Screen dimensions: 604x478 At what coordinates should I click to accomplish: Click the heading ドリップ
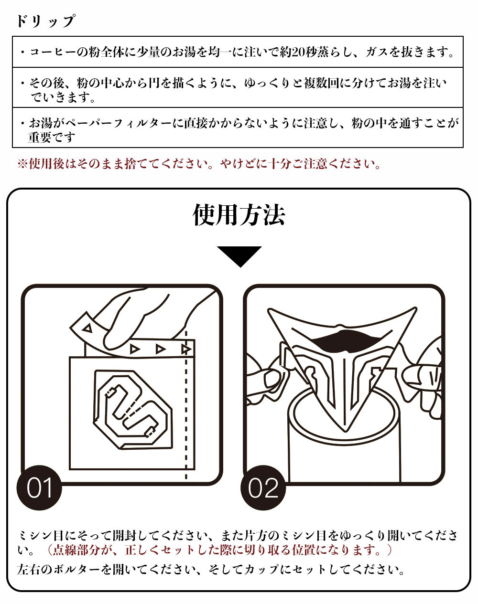pyautogui.click(x=45, y=21)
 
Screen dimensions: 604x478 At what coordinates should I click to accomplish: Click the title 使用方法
pyautogui.click(x=239, y=215)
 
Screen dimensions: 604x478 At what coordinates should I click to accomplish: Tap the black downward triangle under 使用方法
pyautogui.click(x=239, y=255)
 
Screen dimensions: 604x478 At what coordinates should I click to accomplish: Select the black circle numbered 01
pyautogui.click(x=40, y=487)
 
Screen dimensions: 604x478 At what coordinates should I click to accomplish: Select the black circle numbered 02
pyautogui.click(x=263, y=487)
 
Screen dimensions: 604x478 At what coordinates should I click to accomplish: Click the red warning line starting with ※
pyautogui.click(x=199, y=164)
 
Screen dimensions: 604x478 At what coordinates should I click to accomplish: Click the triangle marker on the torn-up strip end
pyautogui.click(x=87, y=328)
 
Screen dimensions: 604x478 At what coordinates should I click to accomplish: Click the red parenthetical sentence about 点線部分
pyautogui.click(x=220, y=550)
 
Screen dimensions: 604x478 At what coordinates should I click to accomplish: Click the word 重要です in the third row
pyautogui.click(x=52, y=138)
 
